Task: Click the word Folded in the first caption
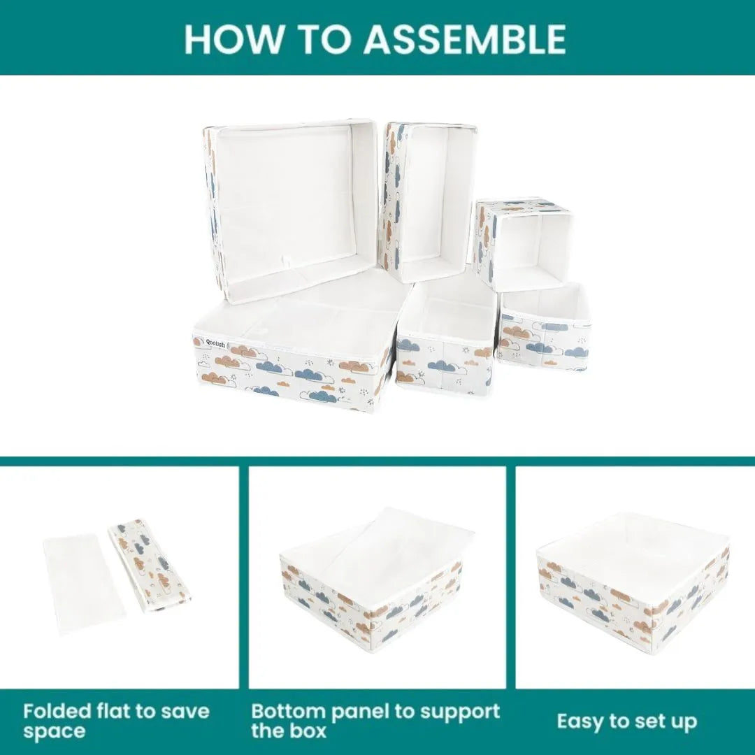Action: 57,712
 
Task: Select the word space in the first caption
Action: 55,732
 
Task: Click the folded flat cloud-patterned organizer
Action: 149,565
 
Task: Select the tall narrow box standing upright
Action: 428,201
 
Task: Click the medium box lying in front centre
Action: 446,340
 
